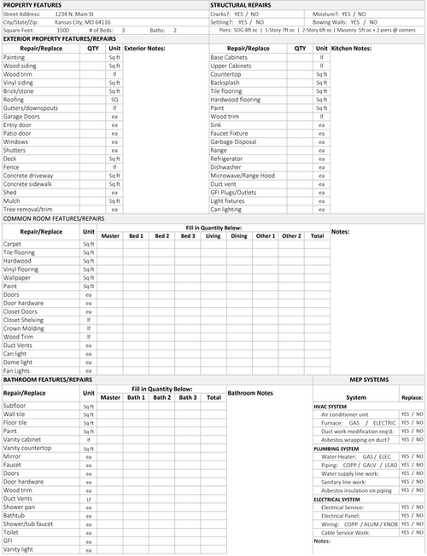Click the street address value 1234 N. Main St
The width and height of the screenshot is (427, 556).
[x=75, y=14]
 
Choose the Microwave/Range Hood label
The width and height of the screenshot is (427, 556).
[x=243, y=175]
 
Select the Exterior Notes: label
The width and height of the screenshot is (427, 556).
[x=144, y=49]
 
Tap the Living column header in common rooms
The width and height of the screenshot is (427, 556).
[x=213, y=235]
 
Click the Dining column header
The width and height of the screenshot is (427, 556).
[x=239, y=235]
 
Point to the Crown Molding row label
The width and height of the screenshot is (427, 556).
[x=23, y=328]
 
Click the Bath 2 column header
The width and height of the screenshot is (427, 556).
[x=162, y=397]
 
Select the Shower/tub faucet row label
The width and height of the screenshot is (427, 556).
[x=28, y=524]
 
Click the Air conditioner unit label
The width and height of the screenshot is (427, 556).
[x=344, y=414]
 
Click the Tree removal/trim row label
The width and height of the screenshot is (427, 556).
[x=28, y=209]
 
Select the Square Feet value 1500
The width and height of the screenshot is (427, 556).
[x=63, y=30]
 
